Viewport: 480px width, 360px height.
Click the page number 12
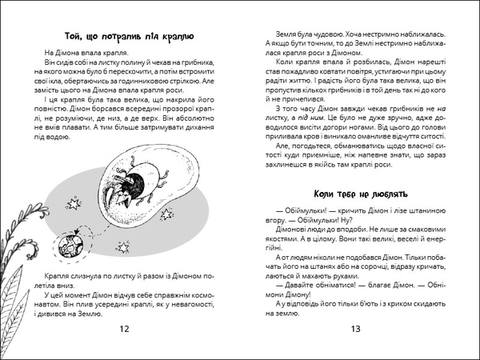tap(122, 329)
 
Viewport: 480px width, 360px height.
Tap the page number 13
tap(358, 329)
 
